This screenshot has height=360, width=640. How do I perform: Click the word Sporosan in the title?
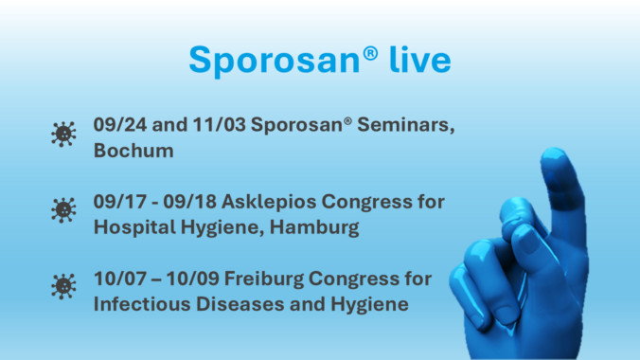(276, 61)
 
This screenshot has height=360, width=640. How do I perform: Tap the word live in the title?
(420, 60)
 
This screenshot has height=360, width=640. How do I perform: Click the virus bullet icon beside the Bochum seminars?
(63, 134)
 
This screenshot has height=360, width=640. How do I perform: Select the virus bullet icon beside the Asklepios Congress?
(63, 210)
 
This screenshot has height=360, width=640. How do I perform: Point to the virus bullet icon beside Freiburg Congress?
(63, 287)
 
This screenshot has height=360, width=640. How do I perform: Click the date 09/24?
(120, 125)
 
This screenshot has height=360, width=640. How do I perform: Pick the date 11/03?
(220, 125)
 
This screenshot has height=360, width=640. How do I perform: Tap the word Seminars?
(406, 125)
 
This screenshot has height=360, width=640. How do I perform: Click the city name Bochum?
(133, 151)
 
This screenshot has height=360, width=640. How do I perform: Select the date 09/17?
(120, 202)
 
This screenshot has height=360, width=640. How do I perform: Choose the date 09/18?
(189, 202)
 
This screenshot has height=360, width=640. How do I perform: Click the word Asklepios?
(269, 203)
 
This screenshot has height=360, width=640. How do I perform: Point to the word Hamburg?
(314, 228)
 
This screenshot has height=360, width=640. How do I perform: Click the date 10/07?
(120, 279)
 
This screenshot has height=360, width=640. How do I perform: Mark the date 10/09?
(192, 279)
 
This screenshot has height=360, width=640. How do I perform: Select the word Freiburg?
(264, 279)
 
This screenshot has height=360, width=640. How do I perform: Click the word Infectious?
(142, 304)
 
